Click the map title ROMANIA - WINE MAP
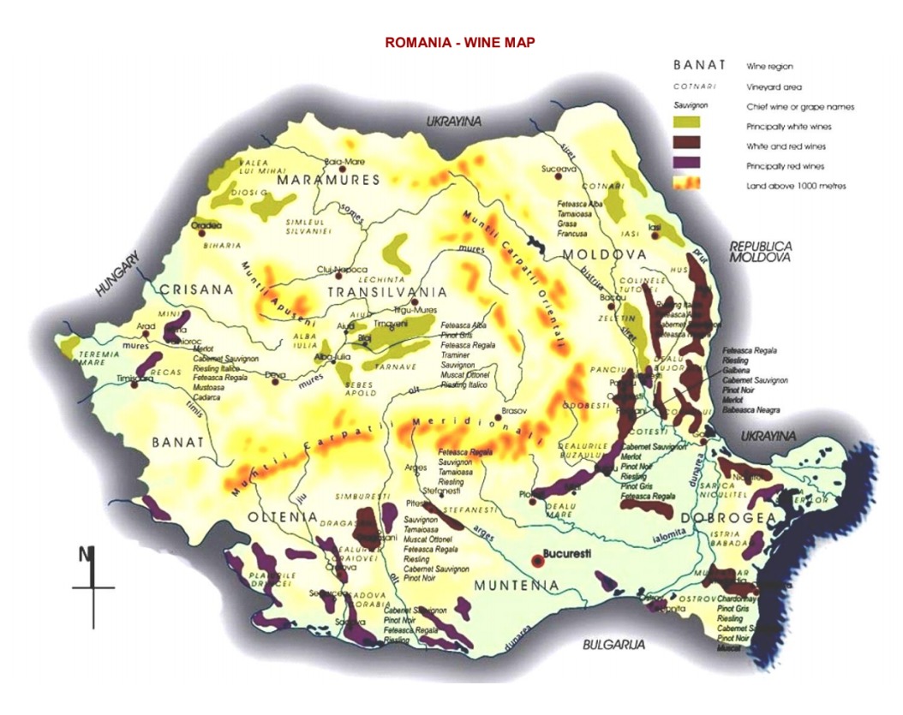[x=460, y=42]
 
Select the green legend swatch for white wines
[x=687, y=126]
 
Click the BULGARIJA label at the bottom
[x=613, y=644]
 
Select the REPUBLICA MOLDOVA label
[x=761, y=251]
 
